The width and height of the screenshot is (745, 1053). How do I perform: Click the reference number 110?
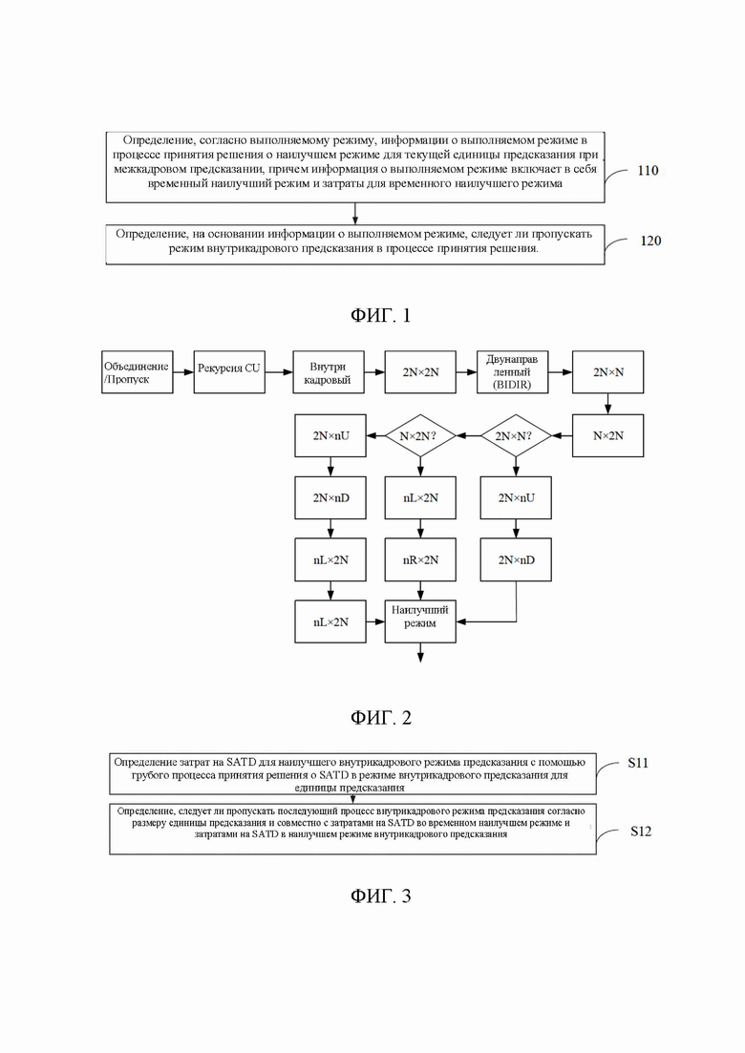(648, 171)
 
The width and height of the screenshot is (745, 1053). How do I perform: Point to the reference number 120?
(650, 241)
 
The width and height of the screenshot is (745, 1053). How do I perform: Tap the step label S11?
(638, 763)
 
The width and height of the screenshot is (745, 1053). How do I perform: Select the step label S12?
(641, 832)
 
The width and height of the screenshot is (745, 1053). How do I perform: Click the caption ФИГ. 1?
(380, 315)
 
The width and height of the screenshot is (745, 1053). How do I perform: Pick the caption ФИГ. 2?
(380, 718)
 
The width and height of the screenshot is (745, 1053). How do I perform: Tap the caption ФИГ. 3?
(380, 895)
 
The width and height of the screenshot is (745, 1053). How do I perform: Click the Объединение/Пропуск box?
(137, 372)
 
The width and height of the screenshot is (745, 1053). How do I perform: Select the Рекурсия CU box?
(229, 372)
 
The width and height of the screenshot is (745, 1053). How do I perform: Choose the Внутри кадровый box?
(329, 372)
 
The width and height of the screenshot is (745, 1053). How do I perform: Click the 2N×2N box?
(420, 372)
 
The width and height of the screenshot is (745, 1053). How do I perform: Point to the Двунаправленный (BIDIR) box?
(513, 372)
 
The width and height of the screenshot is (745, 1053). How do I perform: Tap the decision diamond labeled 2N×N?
(516, 436)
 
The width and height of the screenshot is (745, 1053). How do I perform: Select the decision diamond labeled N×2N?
(420, 436)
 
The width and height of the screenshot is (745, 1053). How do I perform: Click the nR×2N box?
(420, 560)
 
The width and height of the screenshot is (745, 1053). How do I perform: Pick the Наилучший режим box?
(420, 621)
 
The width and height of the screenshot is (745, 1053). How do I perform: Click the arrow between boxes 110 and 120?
(354, 214)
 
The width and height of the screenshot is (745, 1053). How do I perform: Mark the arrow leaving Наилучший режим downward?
(420, 653)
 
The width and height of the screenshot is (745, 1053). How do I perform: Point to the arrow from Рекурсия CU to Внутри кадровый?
(279, 372)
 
